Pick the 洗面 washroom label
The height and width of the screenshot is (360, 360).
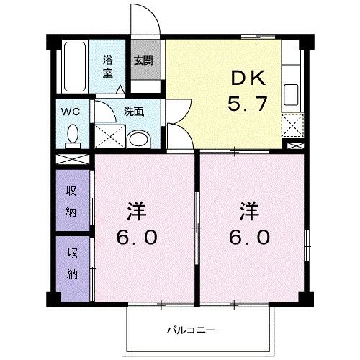pyautogui.click(x=134, y=112)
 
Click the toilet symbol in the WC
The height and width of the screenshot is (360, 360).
pyautogui.click(x=72, y=134)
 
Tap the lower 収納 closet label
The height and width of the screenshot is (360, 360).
pyautogui.click(x=73, y=263)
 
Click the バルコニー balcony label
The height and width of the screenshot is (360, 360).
pyautogui.click(x=191, y=330)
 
